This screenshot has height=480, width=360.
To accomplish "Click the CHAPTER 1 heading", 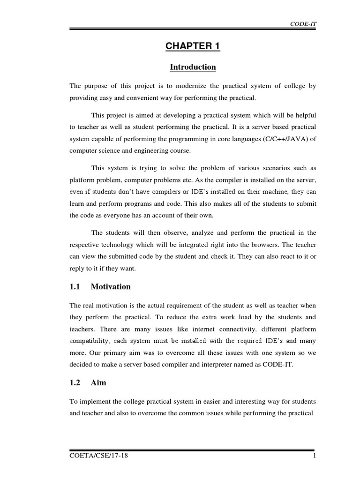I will tap(193, 46).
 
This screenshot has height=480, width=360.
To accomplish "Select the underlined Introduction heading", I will tap(193, 67).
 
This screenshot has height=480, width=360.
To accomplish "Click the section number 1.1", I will tap(75, 286).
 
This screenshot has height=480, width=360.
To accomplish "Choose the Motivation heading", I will tap(111, 286).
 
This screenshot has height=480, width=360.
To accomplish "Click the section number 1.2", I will tap(75, 382).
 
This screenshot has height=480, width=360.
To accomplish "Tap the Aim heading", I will tap(98, 382).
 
